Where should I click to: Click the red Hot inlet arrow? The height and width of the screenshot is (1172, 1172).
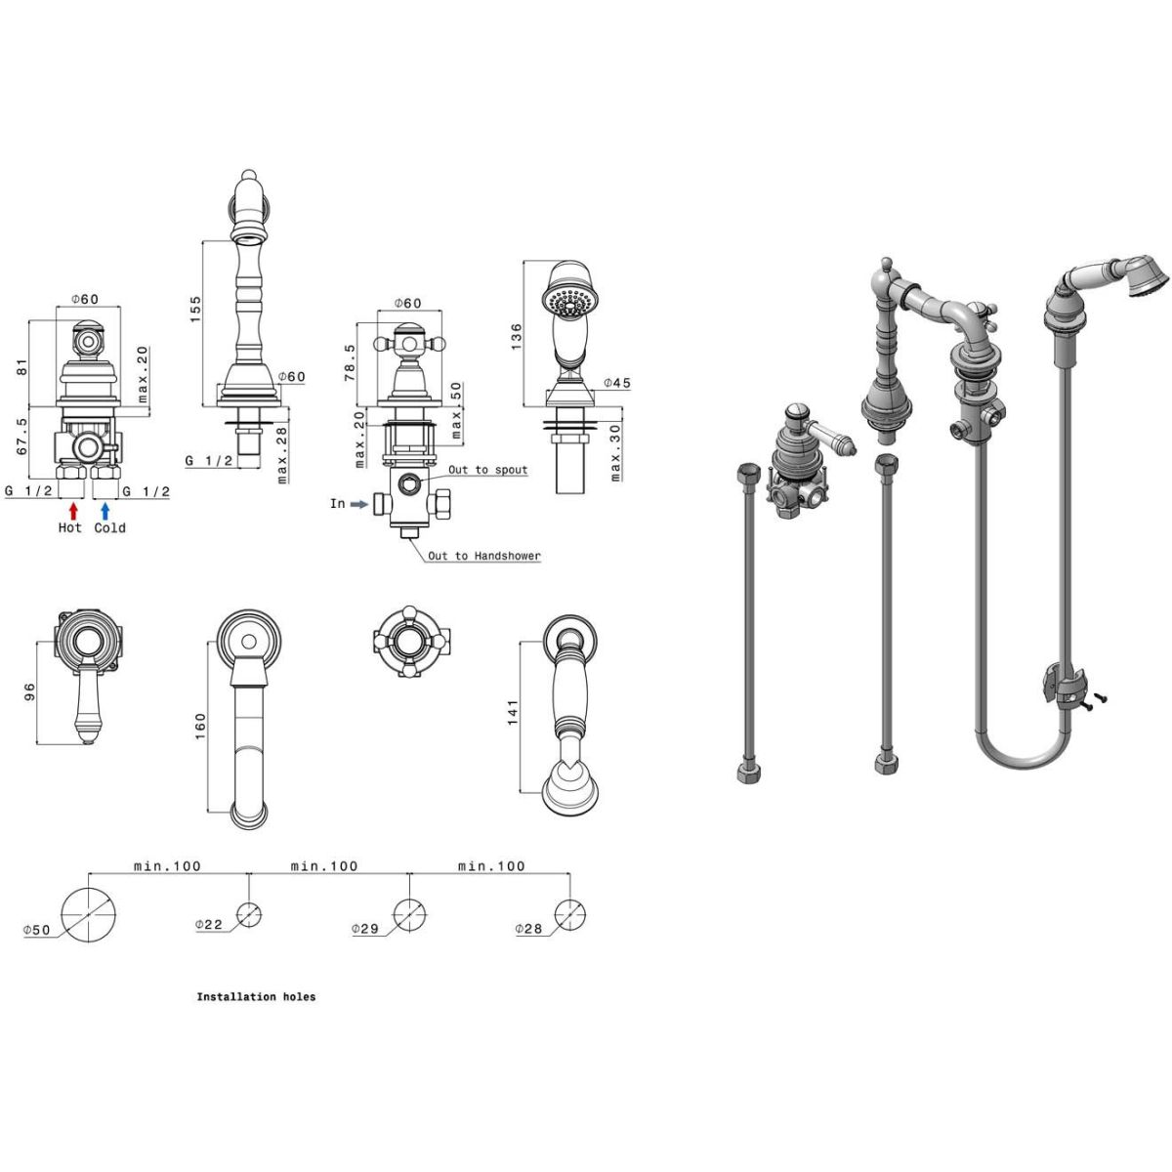(73, 511)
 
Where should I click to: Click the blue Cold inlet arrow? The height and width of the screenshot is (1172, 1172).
(105, 511)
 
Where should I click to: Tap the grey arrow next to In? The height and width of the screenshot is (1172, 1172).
(359, 504)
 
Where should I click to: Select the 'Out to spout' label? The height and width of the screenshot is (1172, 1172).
(487, 470)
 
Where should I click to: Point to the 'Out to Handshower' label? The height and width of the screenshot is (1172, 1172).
(484, 556)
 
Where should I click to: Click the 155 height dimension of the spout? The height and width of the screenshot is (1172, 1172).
(195, 309)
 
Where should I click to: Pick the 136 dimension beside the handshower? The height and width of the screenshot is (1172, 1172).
(516, 336)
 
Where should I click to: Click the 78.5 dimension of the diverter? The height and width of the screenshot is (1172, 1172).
(350, 362)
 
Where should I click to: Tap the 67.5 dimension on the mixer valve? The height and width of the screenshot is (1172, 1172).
(21, 436)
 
